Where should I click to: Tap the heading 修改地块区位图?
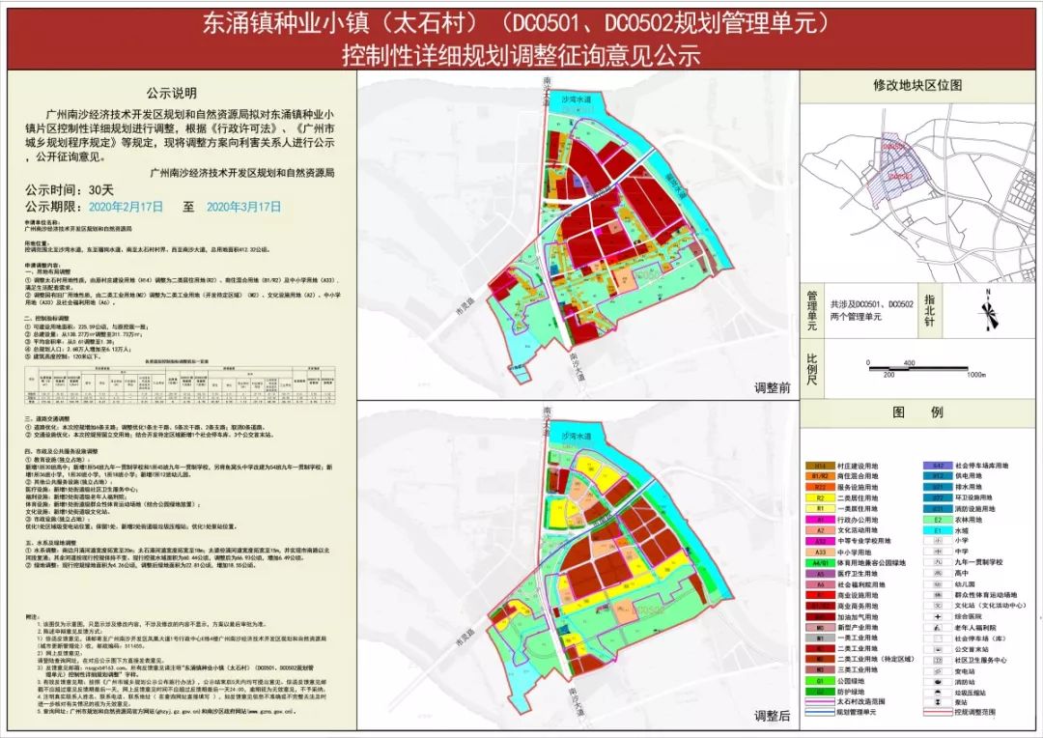917,85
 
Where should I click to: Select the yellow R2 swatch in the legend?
819,497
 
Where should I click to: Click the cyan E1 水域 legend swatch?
936,529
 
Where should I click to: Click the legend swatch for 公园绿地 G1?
819,679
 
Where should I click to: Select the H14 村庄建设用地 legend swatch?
819,466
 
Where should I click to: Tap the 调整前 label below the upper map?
772,387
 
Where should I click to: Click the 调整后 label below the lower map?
772,716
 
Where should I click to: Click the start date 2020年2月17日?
127,207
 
